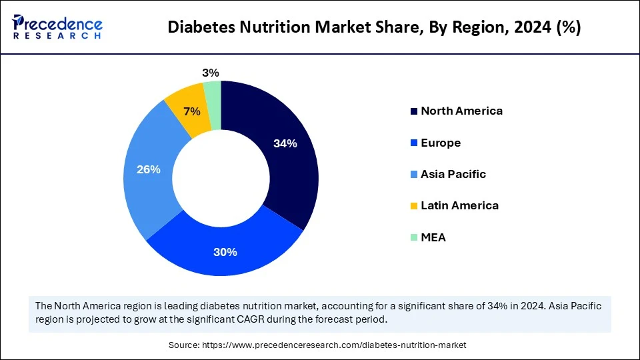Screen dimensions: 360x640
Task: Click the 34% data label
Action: (x=285, y=143)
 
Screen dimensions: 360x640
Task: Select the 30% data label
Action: (x=225, y=252)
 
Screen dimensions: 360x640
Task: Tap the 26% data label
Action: (x=148, y=169)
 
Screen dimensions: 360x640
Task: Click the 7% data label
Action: (x=192, y=112)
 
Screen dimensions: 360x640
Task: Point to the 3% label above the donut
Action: (x=211, y=73)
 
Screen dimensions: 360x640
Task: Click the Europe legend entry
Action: (x=440, y=143)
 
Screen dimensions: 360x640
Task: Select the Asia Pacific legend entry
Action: (x=453, y=174)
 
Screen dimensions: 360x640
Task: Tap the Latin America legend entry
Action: (x=459, y=205)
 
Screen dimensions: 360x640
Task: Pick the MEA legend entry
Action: (x=433, y=237)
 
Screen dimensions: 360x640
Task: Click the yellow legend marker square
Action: (x=414, y=206)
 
